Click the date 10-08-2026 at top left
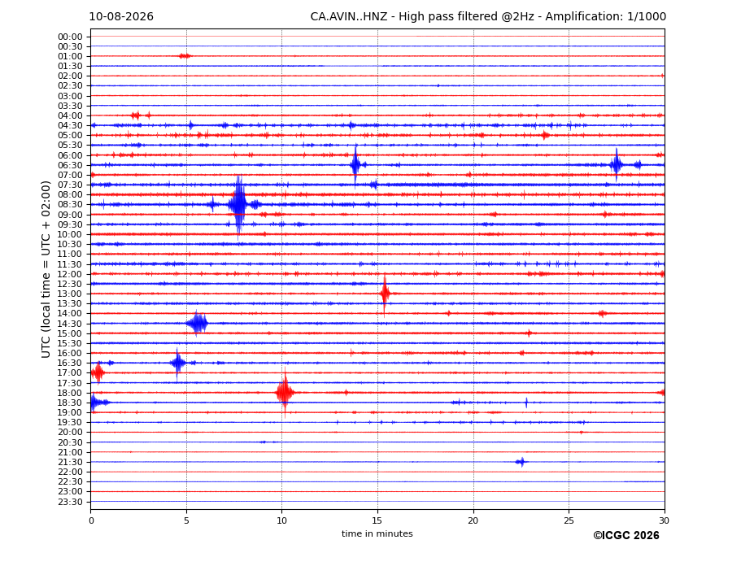[x=121, y=17]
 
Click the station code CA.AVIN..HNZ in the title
[x=349, y=17]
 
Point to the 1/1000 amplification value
[x=647, y=17]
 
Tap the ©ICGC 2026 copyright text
[x=626, y=535]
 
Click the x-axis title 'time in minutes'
[x=377, y=533]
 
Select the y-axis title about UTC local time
[x=46, y=269]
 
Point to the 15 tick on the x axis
[x=377, y=520]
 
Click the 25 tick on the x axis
[x=569, y=520]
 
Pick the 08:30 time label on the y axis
[x=70, y=205]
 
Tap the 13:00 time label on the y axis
[x=70, y=294]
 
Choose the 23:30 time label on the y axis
[x=70, y=502]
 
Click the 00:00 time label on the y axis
[x=70, y=37]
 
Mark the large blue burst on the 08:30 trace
[x=238, y=205]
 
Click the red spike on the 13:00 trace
[x=385, y=294]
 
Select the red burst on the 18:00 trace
[x=285, y=393]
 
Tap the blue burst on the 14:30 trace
[x=197, y=323]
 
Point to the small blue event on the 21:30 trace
[x=521, y=462]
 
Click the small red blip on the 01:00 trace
[x=185, y=56]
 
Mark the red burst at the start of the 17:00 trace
[x=98, y=372]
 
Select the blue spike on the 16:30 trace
[x=177, y=363]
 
